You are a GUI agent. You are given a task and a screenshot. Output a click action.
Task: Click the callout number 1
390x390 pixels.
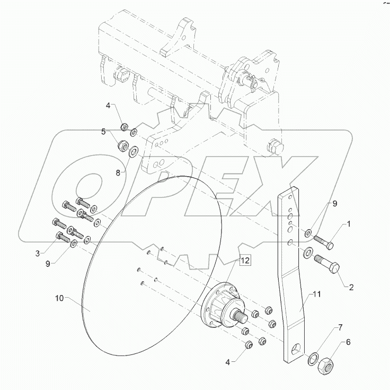pos(349,224)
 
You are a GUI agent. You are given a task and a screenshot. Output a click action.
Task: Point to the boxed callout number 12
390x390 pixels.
pos(244,260)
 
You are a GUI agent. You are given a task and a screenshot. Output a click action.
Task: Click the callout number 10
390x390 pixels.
pos(60,299)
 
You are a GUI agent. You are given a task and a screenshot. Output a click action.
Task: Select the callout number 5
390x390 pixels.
pos(104,131)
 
